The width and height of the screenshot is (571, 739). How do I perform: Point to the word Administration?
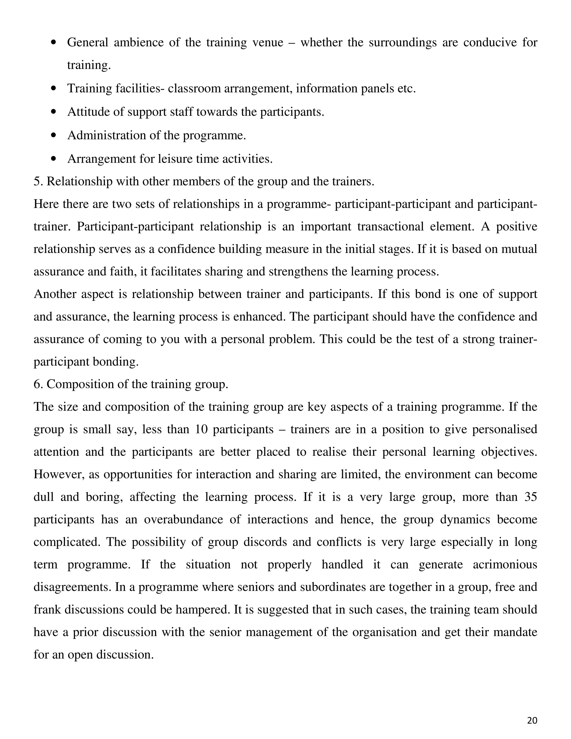click(x=107, y=135)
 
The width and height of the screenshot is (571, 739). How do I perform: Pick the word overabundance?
click(x=183, y=520)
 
